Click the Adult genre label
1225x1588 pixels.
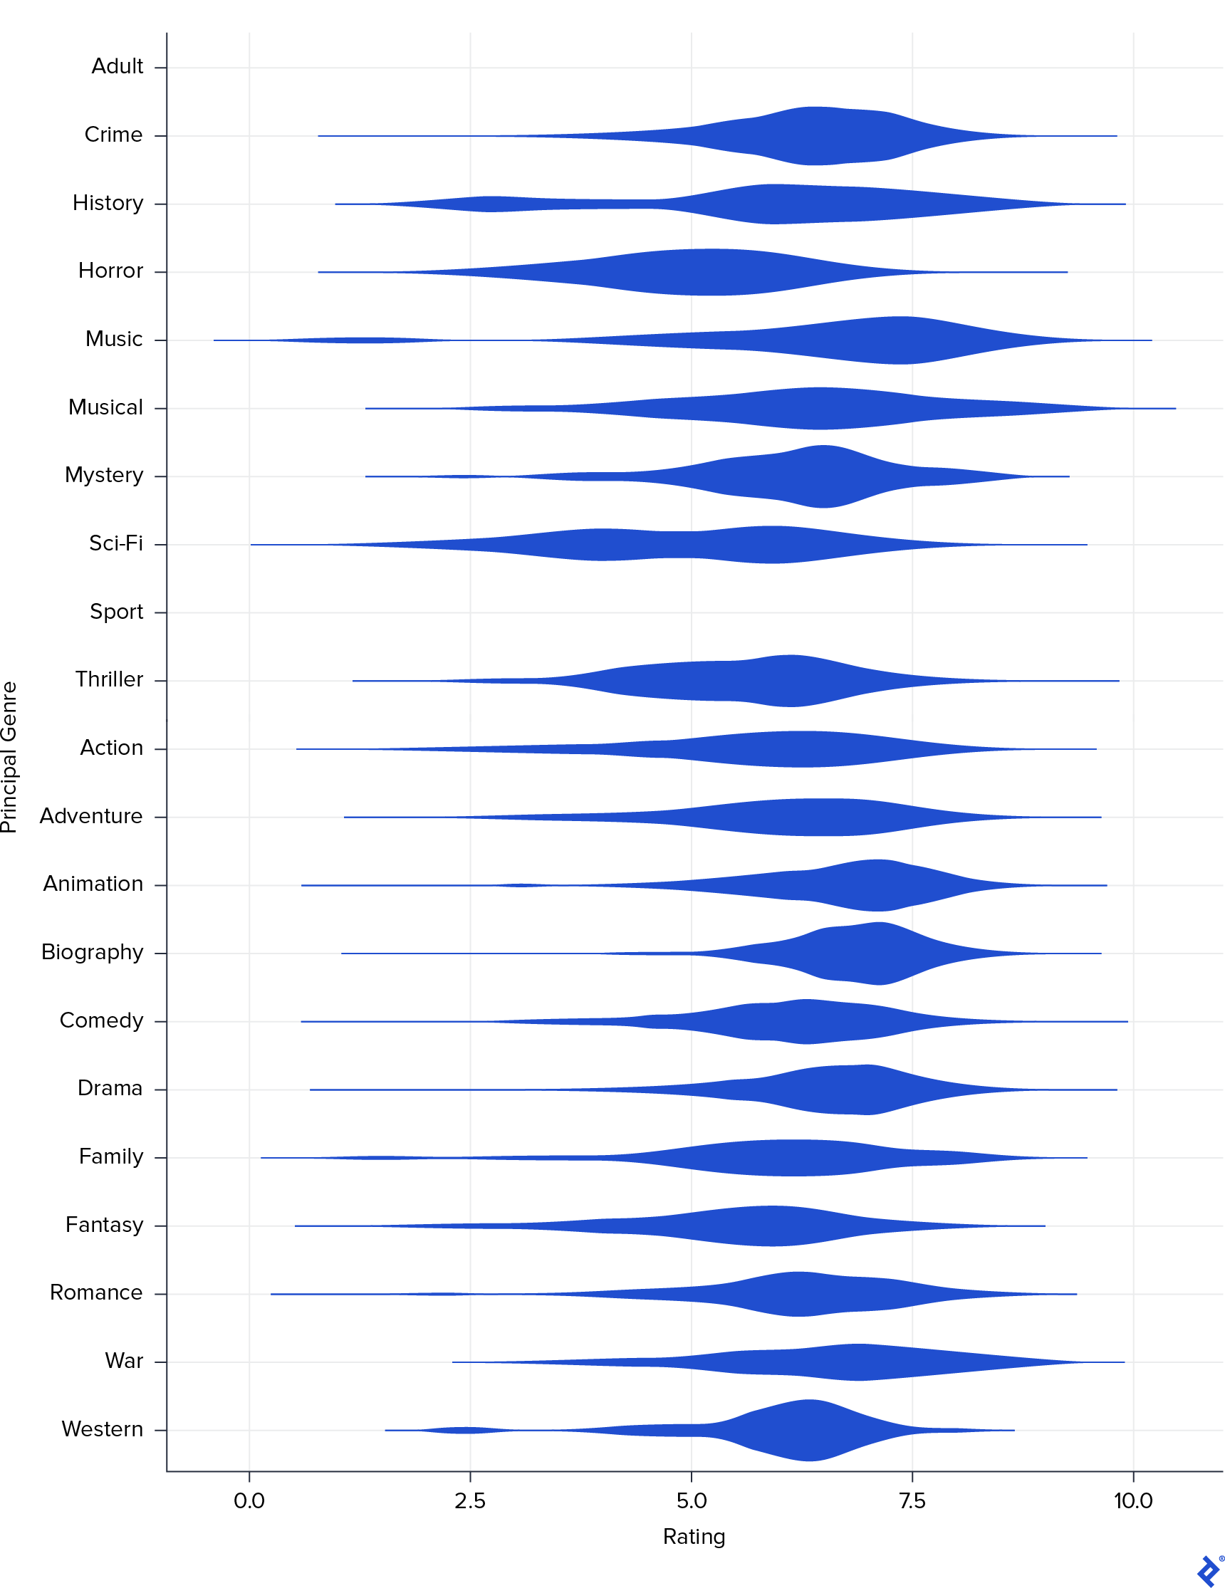click(x=117, y=67)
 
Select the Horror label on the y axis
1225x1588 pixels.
click(x=110, y=271)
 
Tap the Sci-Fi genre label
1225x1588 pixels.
click(x=115, y=544)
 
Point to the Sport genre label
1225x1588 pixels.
click(x=116, y=612)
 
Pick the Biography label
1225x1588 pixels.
click(x=93, y=953)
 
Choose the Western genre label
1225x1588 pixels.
click(x=102, y=1429)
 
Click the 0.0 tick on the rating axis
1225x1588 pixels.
click(x=249, y=1500)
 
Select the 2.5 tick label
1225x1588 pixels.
click(x=469, y=1500)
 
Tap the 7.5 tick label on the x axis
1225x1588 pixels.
click(x=912, y=1500)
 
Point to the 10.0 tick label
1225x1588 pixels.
click(x=1132, y=1500)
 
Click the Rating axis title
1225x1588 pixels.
click(x=694, y=1537)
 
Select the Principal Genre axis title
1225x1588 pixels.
click(x=9, y=757)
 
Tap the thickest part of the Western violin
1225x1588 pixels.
click(x=808, y=1430)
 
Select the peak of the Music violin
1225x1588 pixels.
click(x=902, y=340)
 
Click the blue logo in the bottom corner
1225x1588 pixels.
click(x=1208, y=1570)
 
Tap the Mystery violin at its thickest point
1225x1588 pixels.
click(x=823, y=476)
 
